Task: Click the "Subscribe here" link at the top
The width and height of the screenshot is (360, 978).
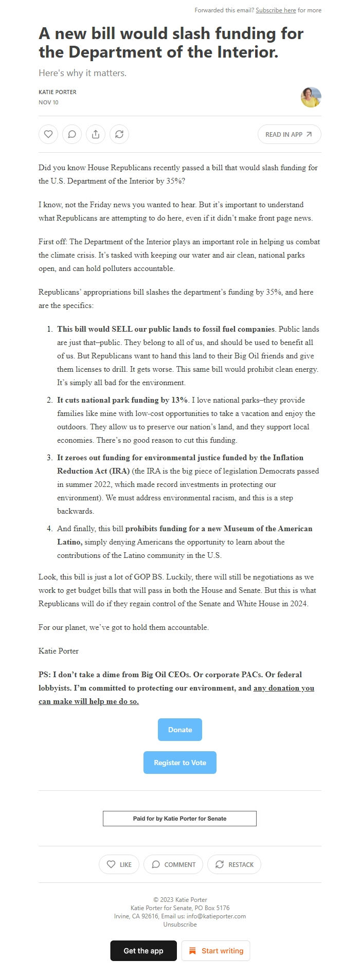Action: [x=276, y=10]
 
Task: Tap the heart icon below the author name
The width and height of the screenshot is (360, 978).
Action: [x=48, y=134]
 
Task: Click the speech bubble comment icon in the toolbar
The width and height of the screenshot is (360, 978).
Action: [x=72, y=134]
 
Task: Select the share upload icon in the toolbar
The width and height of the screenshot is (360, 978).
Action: [x=96, y=134]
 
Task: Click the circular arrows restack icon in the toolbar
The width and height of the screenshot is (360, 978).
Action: [x=119, y=134]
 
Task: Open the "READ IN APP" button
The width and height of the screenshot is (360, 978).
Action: [x=289, y=134]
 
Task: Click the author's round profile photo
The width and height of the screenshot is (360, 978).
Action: [x=311, y=97]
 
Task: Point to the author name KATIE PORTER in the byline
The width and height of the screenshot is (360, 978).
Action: [x=58, y=92]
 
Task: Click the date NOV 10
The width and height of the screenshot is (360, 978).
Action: [x=48, y=102]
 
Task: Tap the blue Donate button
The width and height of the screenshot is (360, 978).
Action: [x=180, y=730]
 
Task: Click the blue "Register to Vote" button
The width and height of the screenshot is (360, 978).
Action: [x=180, y=763]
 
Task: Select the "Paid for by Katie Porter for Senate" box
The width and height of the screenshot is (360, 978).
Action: [x=179, y=819]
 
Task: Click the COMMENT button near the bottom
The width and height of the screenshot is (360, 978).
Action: [x=173, y=864]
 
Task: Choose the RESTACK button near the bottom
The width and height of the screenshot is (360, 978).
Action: [x=234, y=864]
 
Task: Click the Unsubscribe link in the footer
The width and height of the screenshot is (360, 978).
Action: [x=180, y=924]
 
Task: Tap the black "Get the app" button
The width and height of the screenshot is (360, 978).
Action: [x=143, y=951]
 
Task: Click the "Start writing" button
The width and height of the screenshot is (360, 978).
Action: [x=216, y=951]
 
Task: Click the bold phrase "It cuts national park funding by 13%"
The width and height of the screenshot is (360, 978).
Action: [x=122, y=400]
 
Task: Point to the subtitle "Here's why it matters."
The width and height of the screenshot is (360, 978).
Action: [x=82, y=73]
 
